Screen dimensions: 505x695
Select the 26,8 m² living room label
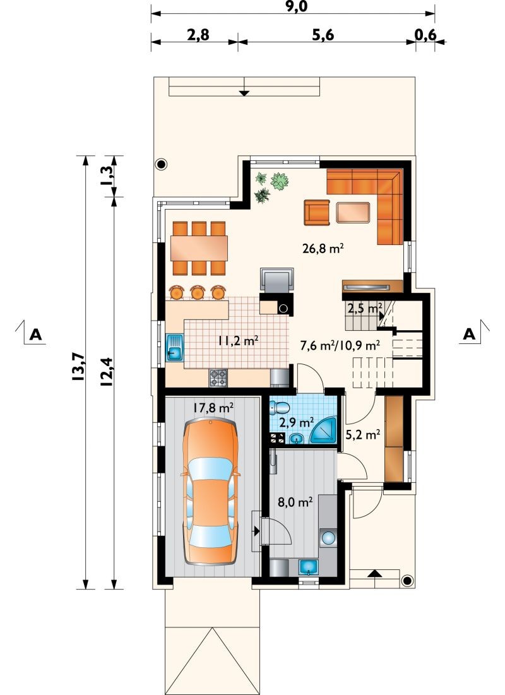(324, 249)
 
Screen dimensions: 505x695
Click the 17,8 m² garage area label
(213, 408)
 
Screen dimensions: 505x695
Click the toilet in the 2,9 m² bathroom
(278, 407)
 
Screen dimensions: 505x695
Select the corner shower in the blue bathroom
(323, 429)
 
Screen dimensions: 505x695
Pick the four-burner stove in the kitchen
(218, 378)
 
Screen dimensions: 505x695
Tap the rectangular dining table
(199, 248)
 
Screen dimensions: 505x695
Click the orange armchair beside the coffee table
(317, 212)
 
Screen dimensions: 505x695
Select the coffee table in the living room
(353, 212)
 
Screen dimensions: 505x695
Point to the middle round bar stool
(198, 292)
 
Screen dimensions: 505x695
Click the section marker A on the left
(35, 334)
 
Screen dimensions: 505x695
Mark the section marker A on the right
(468, 334)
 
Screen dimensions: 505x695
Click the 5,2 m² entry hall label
(363, 435)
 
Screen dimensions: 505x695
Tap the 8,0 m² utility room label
(295, 502)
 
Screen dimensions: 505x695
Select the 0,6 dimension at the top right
(426, 35)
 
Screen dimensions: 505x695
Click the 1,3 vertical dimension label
(106, 176)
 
